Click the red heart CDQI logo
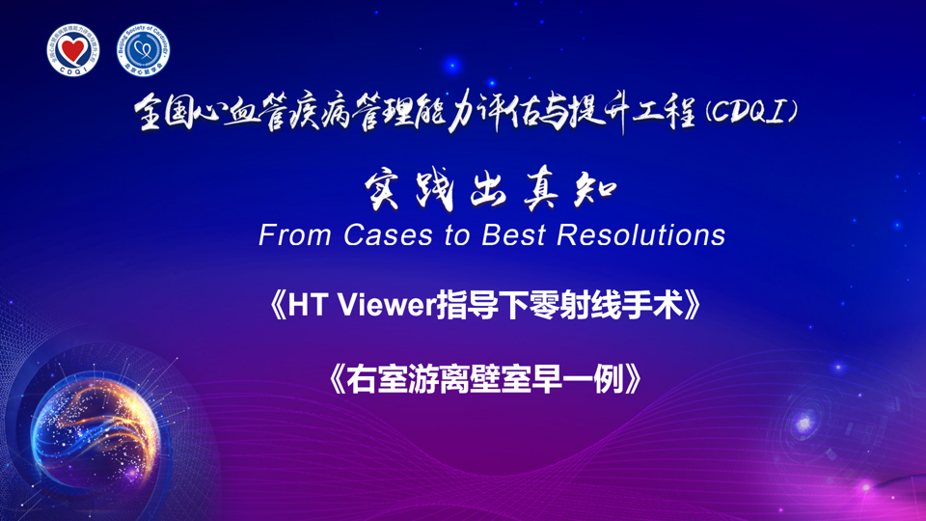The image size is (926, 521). (73, 50)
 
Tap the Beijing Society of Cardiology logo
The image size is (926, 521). (143, 50)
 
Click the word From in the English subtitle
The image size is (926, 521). (295, 235)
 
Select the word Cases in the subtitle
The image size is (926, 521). (389, 235)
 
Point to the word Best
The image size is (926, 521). (513, 235)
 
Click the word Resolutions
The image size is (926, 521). (641, 235)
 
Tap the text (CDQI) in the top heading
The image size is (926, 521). (751, 112)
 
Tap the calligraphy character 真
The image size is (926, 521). (542, 190)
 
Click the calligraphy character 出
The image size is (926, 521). (488, 190)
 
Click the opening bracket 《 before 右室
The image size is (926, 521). (336, 379)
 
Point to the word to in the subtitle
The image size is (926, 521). (457, 236)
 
